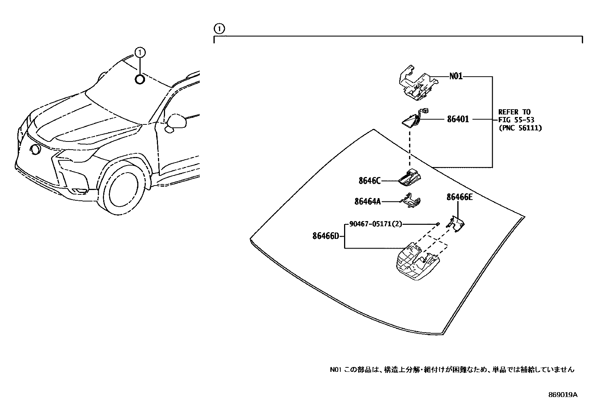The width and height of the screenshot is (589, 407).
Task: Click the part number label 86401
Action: [458, 119]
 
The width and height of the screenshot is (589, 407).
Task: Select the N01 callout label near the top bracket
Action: [456, 77]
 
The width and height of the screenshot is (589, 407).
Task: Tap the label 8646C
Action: [369, 181]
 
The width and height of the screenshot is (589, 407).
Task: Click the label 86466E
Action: [460, 197]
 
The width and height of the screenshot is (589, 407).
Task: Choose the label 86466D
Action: [326, 236]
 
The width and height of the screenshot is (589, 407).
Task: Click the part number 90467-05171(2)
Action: [375, 224]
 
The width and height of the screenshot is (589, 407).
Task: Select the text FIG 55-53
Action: [516, 120]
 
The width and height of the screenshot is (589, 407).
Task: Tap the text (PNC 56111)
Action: [520, 128]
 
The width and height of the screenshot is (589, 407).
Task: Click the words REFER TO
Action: [514, 112]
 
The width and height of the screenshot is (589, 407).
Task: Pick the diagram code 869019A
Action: [562, 395]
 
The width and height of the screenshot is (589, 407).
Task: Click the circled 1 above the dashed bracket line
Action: [219, 28]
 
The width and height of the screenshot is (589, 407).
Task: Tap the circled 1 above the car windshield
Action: [139, 53]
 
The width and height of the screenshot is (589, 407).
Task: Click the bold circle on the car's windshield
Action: [139, 79]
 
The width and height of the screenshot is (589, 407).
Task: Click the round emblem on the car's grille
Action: [36, 150]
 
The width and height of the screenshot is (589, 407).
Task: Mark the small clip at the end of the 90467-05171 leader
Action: [438, 224]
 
